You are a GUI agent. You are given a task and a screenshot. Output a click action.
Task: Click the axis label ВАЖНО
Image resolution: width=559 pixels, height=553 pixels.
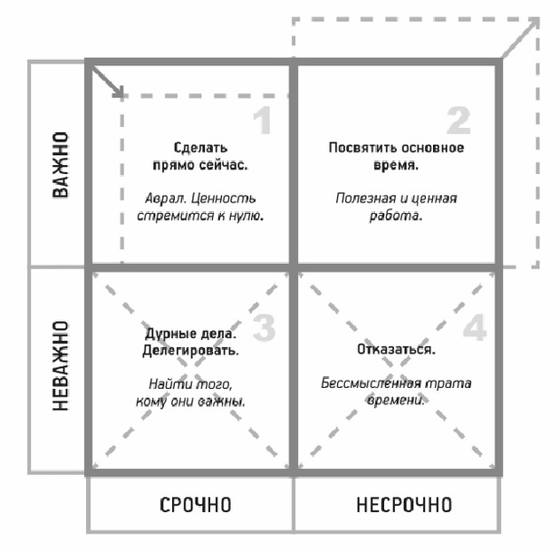(x=61, y=164)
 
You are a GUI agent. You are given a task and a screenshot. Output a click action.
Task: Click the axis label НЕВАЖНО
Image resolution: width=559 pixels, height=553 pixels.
(x=61, y=365)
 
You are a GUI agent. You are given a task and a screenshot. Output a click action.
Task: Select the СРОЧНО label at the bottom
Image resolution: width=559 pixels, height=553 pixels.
(x=196, y=505)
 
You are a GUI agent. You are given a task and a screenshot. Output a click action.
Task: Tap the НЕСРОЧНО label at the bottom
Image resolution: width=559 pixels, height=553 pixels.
(x=404, y=505)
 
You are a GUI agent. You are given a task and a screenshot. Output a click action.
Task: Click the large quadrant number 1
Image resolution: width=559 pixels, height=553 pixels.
(x=263, y=121)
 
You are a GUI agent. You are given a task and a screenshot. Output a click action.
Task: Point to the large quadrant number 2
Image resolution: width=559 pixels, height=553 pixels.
(x=458, y=121)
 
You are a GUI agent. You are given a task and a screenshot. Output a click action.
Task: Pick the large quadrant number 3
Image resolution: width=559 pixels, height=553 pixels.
(x=265, y=327)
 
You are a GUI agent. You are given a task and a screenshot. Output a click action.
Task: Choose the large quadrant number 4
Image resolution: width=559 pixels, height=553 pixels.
(x=475, y=326)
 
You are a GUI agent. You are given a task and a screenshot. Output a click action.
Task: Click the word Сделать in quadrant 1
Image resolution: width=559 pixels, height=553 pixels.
(x=200, y=148)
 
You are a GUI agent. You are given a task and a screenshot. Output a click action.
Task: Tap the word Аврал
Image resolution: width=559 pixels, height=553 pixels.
(x=166, y=199)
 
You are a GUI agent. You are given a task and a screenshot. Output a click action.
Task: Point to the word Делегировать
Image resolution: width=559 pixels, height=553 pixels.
(x=190, y=351)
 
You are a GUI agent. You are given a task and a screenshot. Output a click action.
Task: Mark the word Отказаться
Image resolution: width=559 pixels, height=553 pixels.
(x=396, y=349)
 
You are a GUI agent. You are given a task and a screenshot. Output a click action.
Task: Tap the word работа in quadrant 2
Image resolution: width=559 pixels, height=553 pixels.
(x=396, y=216)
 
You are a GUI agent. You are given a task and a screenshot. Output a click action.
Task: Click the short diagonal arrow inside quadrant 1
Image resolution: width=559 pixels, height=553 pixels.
(x=108, y=82)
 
